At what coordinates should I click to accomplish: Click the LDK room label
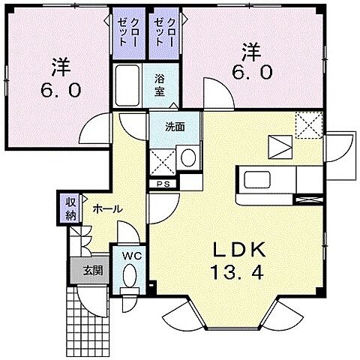238,250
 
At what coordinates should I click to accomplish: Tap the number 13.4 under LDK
237,272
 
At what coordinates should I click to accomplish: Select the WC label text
132,256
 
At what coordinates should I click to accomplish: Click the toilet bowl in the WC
130,276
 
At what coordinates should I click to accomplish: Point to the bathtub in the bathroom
127,85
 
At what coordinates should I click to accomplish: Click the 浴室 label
159,85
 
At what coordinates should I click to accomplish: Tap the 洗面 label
175,127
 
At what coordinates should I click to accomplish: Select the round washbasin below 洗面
188,157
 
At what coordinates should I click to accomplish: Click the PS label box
163,184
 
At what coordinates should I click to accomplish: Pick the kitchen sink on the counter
257,180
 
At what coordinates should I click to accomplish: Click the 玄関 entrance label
93,270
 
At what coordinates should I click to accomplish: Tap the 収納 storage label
70,209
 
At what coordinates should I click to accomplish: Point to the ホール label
108,209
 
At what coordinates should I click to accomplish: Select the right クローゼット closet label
164,32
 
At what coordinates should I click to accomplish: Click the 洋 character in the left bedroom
61,67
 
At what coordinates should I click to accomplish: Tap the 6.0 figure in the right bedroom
252,73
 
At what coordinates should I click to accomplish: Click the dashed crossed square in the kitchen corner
309,125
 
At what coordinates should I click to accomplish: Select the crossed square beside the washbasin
163,162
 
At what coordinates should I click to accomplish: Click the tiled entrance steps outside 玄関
88,322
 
